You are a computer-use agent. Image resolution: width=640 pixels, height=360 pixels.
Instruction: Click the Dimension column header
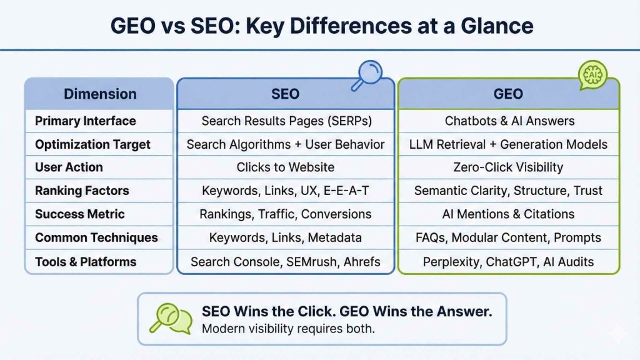point(100,94)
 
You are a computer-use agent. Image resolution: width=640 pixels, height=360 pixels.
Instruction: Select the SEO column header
point(285,94)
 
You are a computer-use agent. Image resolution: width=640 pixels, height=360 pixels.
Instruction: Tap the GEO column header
point(508,94)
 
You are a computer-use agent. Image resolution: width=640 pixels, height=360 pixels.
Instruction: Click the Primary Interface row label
point(85,121)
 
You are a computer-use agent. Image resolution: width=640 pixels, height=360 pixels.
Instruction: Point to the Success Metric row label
point(79,214)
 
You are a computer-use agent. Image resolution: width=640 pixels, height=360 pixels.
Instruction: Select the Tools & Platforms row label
point(85,262)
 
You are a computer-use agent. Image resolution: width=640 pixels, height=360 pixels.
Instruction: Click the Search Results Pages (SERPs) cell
point(285,121)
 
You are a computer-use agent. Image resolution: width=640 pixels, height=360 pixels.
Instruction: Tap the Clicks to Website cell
point(285,167)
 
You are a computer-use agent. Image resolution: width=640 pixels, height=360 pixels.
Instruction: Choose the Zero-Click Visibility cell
point(508,167)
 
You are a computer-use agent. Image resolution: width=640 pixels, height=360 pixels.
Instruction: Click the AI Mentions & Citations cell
point(508,214)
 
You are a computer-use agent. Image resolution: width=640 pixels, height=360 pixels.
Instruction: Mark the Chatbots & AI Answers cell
point(508,121)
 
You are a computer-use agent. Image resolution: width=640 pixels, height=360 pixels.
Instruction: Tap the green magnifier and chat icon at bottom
point(170,319)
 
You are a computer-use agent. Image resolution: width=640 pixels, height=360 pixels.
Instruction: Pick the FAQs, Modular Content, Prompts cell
point(508,237)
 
